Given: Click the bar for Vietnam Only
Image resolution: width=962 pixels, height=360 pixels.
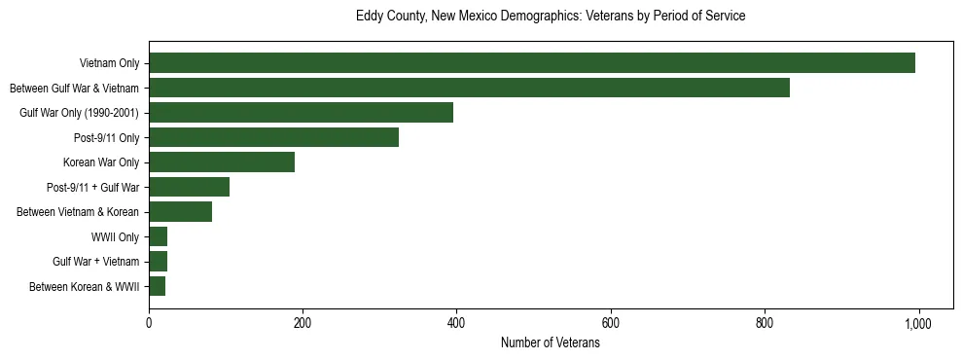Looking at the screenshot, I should coord(532,63).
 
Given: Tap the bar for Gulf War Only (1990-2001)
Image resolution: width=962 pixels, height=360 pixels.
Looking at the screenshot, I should coord(301,113).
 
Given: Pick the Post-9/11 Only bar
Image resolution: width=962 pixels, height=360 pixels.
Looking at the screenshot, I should coord(273,137).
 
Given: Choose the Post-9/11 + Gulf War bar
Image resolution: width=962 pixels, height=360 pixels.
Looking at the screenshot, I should coord(189,187).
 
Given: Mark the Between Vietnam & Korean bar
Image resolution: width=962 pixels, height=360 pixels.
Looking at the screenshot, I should coord(180,212).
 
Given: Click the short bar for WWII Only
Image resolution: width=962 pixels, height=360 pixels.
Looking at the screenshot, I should coord(159,236).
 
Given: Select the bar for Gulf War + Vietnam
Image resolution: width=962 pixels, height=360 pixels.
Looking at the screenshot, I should coord(159,262).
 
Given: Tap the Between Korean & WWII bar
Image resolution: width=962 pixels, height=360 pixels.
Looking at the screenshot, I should coord(158,286).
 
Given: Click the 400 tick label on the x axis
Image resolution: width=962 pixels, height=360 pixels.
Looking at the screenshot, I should coord(456,323).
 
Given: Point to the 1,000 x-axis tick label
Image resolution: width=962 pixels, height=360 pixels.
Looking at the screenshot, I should coord(918,323).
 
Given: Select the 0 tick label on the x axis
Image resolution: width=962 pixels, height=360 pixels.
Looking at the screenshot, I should coord(149,323).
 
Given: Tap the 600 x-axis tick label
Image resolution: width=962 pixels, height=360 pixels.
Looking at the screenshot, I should coord(611,323).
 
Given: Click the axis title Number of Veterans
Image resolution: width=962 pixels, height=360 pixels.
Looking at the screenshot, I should coord(550,342).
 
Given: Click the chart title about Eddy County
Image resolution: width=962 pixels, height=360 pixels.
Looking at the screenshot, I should coord(550,17).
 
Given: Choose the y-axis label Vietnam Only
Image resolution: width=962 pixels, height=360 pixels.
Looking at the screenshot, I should coord(109,64).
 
